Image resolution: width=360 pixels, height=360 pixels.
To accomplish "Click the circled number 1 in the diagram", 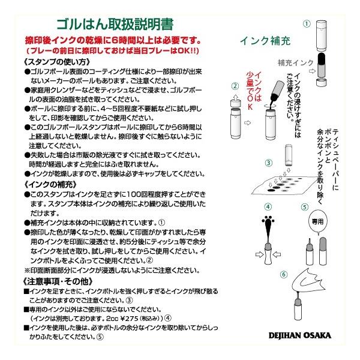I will coord(306,24).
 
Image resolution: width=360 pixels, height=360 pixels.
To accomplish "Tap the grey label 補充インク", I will coord(296,62).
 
